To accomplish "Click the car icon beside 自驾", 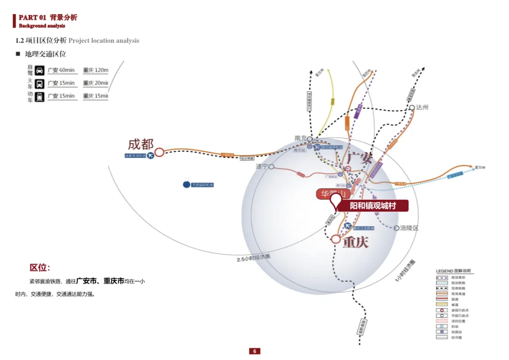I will pos(40,70).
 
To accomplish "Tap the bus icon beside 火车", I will pos(40,83).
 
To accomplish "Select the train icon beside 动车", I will pos(40,96).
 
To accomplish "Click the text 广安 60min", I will pos(61,70).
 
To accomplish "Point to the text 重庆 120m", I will pos(96,70).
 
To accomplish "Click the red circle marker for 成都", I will pos(160,152).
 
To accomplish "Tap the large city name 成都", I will pos(141,144).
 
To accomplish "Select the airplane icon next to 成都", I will pos(150,155).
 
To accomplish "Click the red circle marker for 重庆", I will pos(336,239).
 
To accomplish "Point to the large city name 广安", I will pos(360,158).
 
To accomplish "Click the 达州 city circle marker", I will pos(412,107).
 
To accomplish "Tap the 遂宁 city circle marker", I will pos(271,167).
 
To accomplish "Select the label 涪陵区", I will pos(409,228).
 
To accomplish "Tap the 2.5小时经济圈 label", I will pos(254,257).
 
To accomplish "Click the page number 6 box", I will pos(254,351).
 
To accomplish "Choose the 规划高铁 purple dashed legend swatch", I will pos(442,278).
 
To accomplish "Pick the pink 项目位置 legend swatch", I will pos(442,321).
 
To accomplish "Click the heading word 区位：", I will pos(40,268).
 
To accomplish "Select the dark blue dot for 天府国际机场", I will pos(186,185).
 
